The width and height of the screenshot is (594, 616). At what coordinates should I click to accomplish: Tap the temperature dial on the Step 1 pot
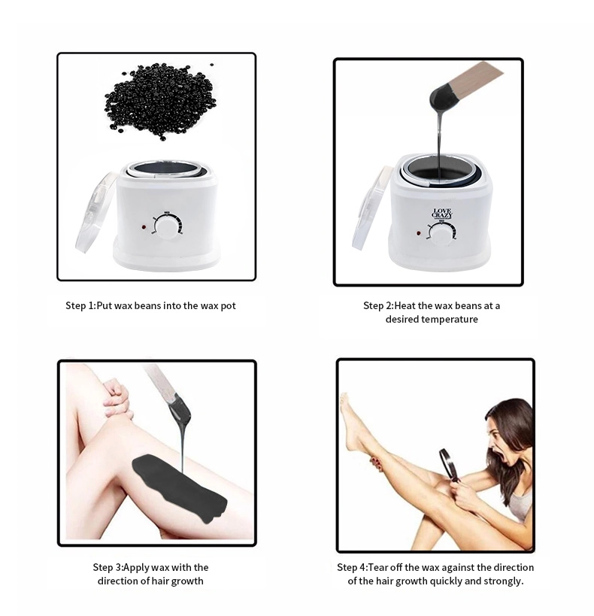(167, 226)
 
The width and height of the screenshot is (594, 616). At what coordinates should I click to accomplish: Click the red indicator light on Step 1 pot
(141, 226)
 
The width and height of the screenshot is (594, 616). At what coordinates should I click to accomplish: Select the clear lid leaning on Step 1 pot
(95, 212)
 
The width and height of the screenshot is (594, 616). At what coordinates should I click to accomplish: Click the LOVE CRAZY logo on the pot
(442, 214)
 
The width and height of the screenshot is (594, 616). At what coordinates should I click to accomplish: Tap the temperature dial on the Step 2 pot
(442, 235)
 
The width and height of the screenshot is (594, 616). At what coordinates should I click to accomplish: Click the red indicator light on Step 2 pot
(418, 232)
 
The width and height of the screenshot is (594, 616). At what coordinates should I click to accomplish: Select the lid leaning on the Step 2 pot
(371, 208)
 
